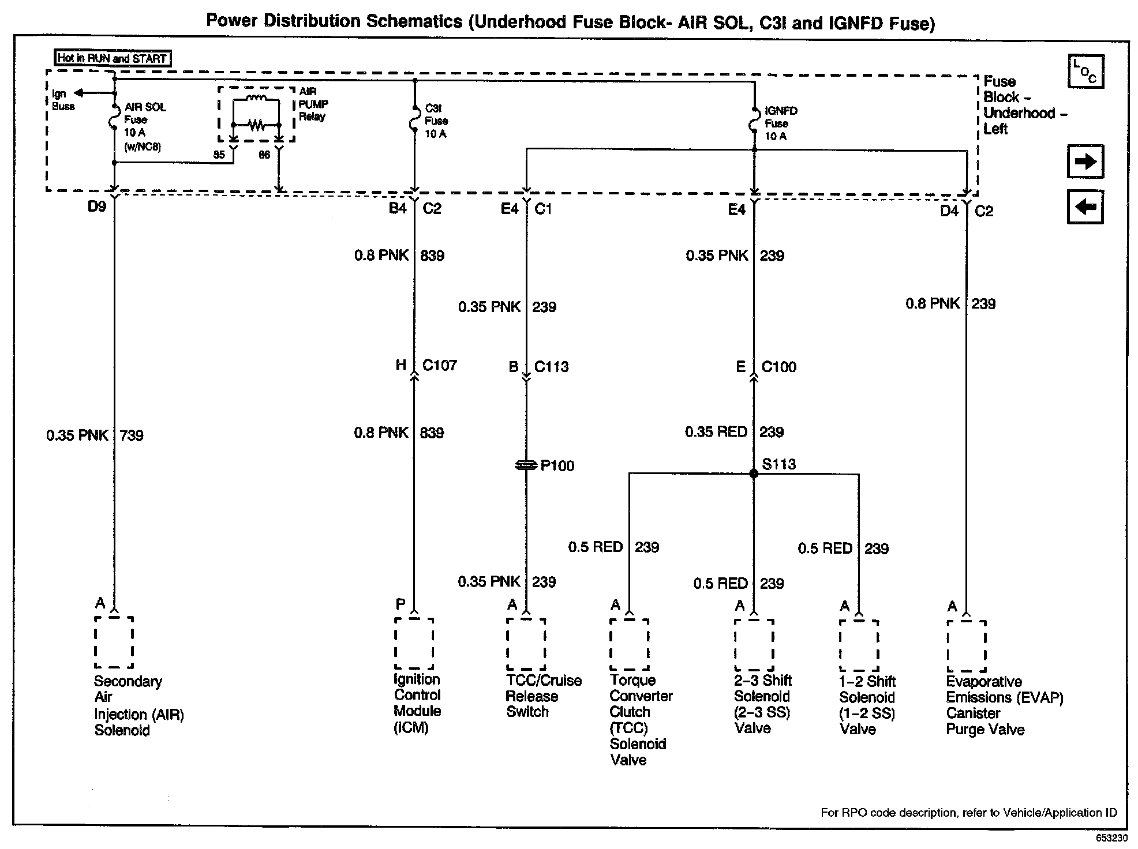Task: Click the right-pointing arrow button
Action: coord(1085,161)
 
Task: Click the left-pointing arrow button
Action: coord(1085,206)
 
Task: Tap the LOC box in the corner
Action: coord(1085,72)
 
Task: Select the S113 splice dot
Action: coord(753,474)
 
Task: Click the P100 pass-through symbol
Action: coord(526,465)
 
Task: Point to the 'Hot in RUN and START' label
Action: coord(113,58)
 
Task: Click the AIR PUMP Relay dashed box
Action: coord(256,114)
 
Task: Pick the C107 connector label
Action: coord(439,365)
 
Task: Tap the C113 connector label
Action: coord(551,367)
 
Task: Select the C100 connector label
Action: coord(778,367)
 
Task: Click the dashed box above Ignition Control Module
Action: coord(414,644)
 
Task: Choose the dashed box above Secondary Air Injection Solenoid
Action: coord(114,642)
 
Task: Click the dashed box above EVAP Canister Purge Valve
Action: coord(966,646)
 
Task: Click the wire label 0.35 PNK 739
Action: coord(95,435)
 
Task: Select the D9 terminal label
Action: coord(96,206)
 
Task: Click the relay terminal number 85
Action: coord(219,155)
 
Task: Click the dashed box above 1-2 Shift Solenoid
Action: coord(859,646)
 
